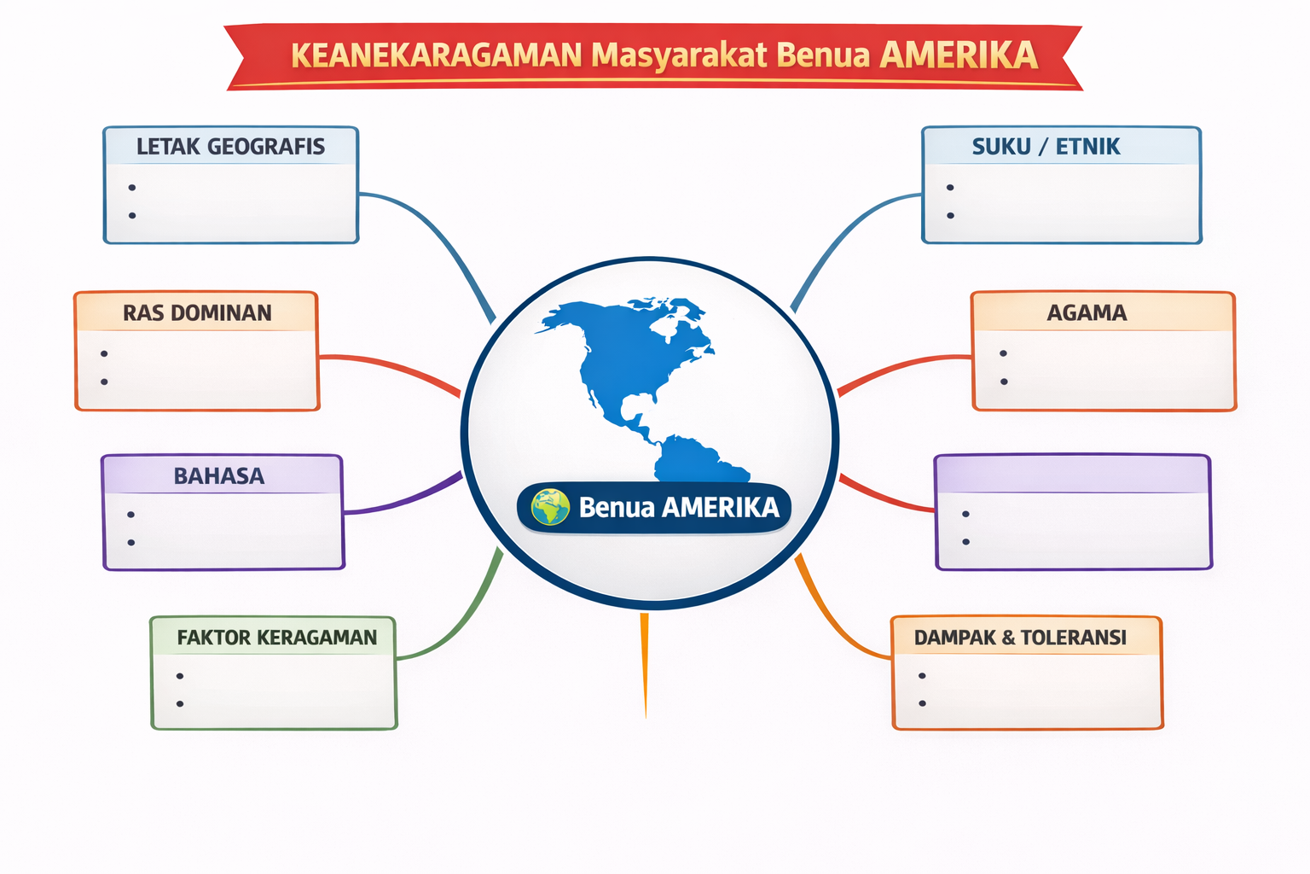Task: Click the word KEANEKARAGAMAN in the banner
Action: coord(436,55)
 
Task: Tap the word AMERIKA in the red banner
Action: coord(959,55)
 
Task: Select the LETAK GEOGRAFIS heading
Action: coord(230,146)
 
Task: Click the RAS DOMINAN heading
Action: coord(197,312)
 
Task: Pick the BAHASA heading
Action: coord(218,476)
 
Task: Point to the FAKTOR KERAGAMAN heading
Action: coord(276,637)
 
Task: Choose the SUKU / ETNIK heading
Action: coord(1046,146)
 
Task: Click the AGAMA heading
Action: coord(1087,312)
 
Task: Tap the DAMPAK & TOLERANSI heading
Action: coord(1020,637)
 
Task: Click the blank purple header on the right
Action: coord(1073,475)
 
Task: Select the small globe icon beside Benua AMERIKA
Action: coord(550,507)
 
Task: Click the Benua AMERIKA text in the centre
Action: coord(679,507)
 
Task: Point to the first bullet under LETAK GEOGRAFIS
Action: coord(132,187)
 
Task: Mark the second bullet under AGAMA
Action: coord(1004,382)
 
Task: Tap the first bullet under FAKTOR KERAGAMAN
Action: coord(180,676)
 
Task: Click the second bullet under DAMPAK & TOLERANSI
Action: coord(922,703)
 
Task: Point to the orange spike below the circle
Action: coord(645,664)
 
